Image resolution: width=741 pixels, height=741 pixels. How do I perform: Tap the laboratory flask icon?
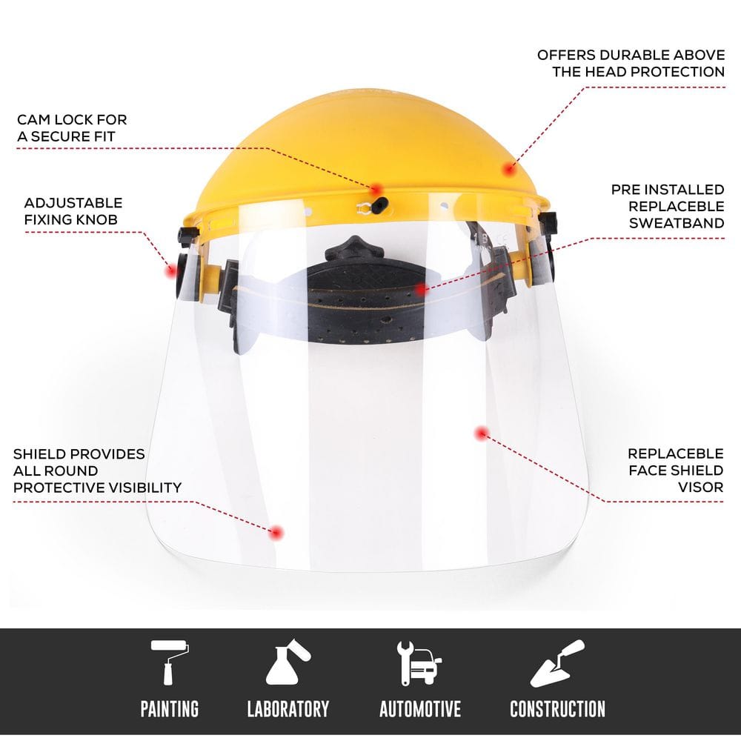[288, 662]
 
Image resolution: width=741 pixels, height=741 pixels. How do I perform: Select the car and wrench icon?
[419, 663]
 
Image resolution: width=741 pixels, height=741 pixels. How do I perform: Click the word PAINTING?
[170, 709]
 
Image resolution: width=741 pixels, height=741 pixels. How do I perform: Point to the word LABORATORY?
[288, 709]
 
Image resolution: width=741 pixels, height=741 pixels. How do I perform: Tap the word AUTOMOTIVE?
[420, 709]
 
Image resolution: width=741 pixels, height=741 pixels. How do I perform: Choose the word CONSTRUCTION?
[557, 709]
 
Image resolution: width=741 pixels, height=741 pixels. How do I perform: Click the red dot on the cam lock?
[377, 189]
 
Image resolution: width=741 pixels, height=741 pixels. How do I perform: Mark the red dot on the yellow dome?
[508, 169]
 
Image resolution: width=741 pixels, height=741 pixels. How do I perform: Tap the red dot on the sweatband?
[422, 289]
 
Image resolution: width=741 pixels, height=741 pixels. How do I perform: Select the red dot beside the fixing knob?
[169, 269]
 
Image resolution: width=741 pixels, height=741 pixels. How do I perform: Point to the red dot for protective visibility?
[276, 531]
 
